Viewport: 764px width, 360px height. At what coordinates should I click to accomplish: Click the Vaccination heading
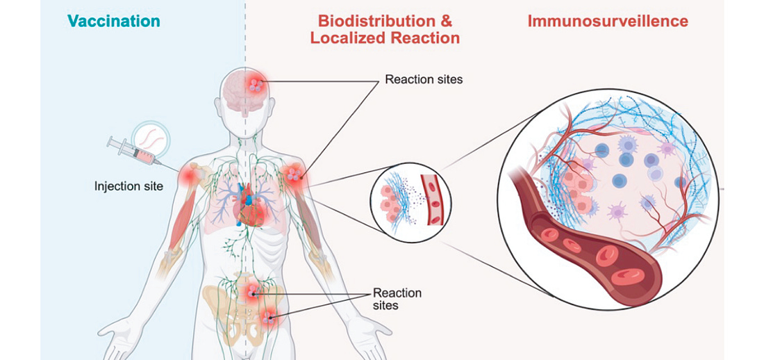[x=113, y=21]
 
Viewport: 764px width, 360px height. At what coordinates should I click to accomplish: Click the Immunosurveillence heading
[x=608, y=21]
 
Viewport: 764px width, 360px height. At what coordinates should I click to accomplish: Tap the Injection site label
[x=128, y=186]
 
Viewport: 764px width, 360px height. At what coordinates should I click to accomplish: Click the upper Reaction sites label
[x=424, y=79]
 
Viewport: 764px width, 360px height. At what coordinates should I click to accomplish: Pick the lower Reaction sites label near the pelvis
[x=397, y=299]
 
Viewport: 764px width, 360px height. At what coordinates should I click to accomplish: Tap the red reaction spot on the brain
[x=257, y=85]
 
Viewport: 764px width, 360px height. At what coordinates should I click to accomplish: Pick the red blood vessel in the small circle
[x=435, y=202]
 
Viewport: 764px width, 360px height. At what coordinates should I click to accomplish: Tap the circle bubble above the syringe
[x=152, y=136]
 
